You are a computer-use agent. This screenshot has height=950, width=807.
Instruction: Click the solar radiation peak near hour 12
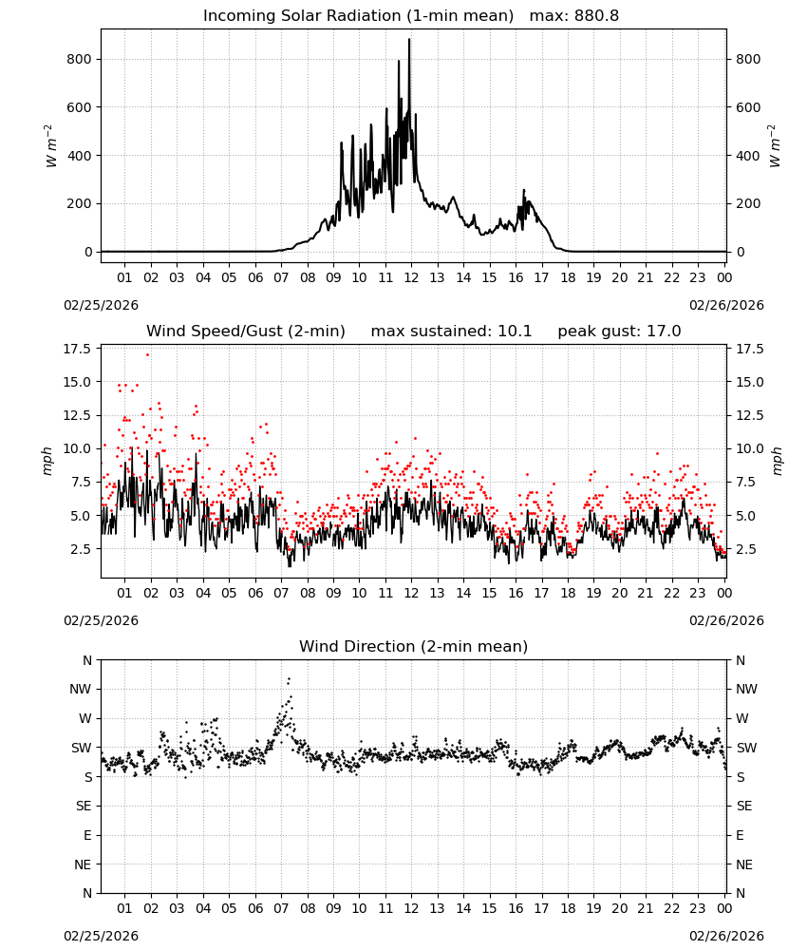(409, 39)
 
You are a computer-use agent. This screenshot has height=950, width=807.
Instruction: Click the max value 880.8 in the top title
(596, 16)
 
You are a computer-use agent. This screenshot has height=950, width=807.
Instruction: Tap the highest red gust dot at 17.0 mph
(148, 355)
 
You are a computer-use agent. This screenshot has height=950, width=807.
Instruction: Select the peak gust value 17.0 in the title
(662, 332)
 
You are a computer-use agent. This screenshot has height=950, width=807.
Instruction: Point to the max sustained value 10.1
(515, 332)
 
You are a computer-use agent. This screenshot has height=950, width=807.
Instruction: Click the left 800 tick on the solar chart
(80, 59)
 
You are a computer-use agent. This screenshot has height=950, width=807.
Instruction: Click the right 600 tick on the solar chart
(748, 107)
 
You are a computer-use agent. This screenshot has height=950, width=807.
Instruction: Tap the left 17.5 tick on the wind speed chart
(77, 349)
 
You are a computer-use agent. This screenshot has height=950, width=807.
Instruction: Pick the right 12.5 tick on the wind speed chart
(750, 416)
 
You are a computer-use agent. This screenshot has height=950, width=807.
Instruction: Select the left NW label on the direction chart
(81, 690)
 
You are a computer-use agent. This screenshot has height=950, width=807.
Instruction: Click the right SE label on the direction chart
(744, 807)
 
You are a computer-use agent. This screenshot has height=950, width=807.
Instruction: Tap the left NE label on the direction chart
(83, 865)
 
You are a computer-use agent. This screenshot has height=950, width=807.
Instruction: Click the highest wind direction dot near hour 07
(289, 679)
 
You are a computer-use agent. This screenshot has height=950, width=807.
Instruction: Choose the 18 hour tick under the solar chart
(568, 278)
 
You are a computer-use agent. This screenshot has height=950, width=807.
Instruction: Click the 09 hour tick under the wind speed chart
(333, 593)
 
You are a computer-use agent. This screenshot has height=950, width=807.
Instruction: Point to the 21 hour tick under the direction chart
(646, 909)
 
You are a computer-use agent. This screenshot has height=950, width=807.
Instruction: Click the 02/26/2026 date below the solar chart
(726, 305)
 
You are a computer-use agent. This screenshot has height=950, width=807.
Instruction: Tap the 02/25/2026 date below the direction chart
(101, 936)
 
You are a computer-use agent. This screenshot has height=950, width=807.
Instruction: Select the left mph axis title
(48, 461)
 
